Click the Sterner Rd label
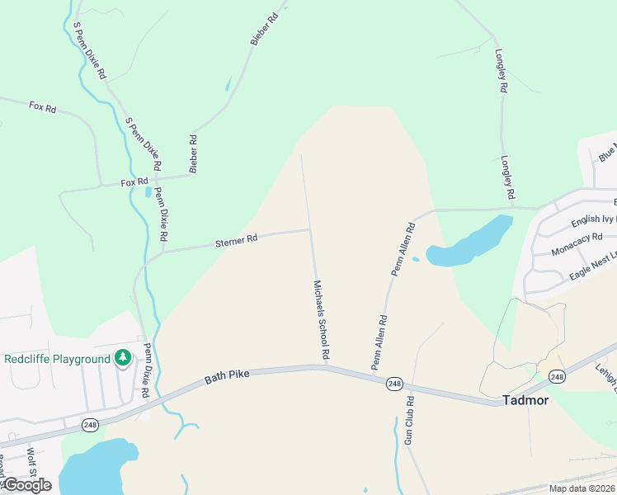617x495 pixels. coord(237,239)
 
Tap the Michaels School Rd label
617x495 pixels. coord(321,318)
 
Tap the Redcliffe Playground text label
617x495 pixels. coord(57,359)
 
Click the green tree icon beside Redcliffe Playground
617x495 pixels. coord(123,358)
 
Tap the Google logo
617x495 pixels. coord(26,485)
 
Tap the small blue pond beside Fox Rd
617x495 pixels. coord(148,192)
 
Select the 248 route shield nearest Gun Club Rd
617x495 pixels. coord(394,384)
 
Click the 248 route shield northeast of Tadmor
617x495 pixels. coord(558,377)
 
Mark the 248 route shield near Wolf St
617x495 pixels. coord(89,424)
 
